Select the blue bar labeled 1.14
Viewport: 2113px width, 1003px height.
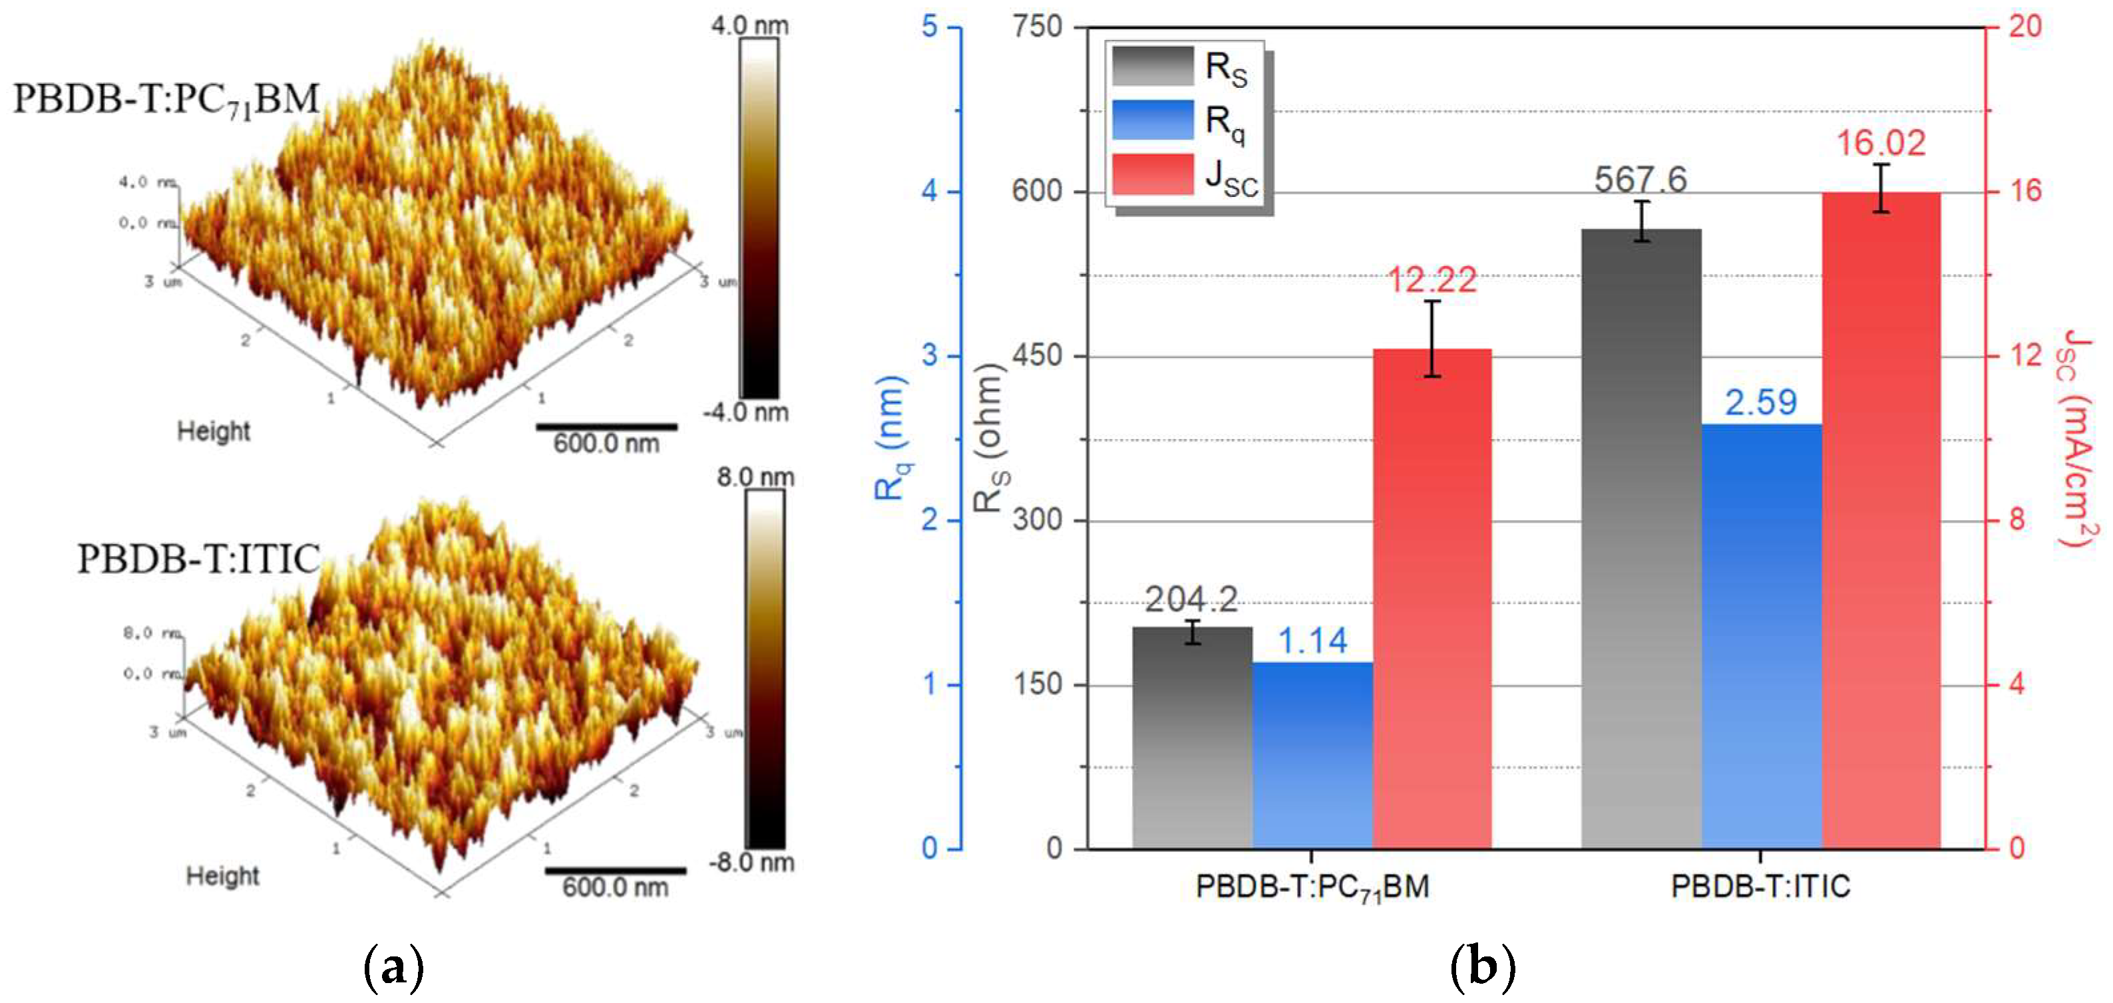point(1312,754)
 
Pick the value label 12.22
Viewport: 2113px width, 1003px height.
point(1432,281)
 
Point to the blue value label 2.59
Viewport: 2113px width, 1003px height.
point(1760,402)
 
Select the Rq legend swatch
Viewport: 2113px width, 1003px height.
point(1153,120)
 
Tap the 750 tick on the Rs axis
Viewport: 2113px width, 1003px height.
point(1038,27)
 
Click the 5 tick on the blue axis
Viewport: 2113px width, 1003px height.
point(929,27)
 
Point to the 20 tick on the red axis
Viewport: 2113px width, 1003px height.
point(2024,27)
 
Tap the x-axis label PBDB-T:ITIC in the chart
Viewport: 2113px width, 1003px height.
point(1760,887)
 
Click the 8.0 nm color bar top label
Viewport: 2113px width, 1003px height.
point(755,478)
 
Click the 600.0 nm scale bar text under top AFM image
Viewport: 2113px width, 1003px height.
point(606,444)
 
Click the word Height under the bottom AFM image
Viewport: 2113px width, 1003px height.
point(222,876)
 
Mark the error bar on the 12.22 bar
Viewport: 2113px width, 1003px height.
point(1432,339)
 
